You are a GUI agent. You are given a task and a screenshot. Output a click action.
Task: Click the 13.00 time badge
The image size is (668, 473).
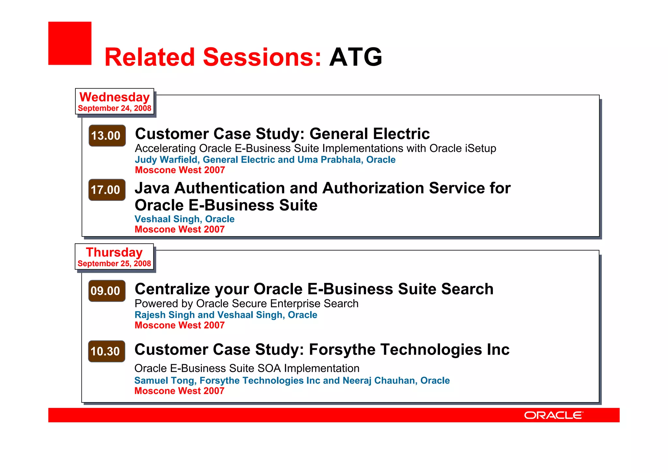click(107, 136)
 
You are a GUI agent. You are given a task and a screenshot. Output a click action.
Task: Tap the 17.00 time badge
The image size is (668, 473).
click(107, 190)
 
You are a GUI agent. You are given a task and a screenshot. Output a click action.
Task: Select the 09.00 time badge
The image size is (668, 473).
click(107, 291)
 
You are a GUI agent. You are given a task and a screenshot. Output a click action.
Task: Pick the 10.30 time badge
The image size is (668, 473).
click(106, 351)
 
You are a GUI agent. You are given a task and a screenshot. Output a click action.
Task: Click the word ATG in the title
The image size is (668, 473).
click(356, 57)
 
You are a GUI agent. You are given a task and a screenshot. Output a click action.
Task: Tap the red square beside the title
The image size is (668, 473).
click(70, 43)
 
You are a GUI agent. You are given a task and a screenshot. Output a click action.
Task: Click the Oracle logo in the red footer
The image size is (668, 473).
click(553, 415)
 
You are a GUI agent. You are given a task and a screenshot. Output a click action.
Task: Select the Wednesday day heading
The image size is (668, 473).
click(114, 97)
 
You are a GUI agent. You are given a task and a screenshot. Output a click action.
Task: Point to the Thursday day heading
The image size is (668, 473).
click(114, 252)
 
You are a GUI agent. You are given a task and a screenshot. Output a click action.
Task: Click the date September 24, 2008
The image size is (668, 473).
click(114, 108)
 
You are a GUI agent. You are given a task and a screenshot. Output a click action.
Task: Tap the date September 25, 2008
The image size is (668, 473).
click(114, 263)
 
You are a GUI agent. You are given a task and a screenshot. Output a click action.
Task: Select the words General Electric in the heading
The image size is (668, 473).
click(369, 134)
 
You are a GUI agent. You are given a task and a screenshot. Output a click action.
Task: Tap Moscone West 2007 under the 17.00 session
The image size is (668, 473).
click(179, 229)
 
